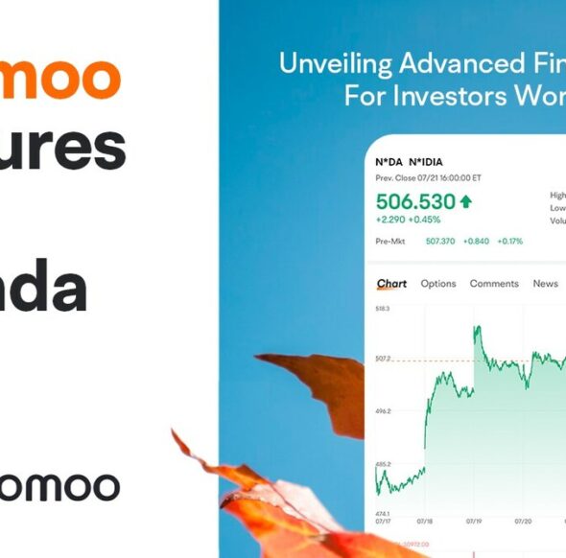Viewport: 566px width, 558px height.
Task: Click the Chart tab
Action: coord(391,284)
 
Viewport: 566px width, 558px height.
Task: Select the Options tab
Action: coord(438,284)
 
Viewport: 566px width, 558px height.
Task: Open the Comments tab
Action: coord(494,284)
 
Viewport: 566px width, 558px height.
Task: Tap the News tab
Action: coord(545,284)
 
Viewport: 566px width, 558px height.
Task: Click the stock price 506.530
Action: coord(415,201)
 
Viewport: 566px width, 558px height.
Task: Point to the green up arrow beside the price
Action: coord(466,201)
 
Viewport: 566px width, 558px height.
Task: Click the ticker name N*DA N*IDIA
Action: coord(409,162)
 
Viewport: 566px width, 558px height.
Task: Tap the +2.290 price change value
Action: coord(389,219)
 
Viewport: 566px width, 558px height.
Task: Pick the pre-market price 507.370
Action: coord(440,241)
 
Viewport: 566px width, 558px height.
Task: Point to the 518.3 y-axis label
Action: coord(383,309)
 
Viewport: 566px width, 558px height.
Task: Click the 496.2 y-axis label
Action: coord(383,411)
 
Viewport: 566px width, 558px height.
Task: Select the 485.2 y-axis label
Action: coord(383,464)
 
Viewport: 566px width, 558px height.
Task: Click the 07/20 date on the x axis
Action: coord(523,523)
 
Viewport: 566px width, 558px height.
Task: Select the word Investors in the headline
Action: coord(433,97)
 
